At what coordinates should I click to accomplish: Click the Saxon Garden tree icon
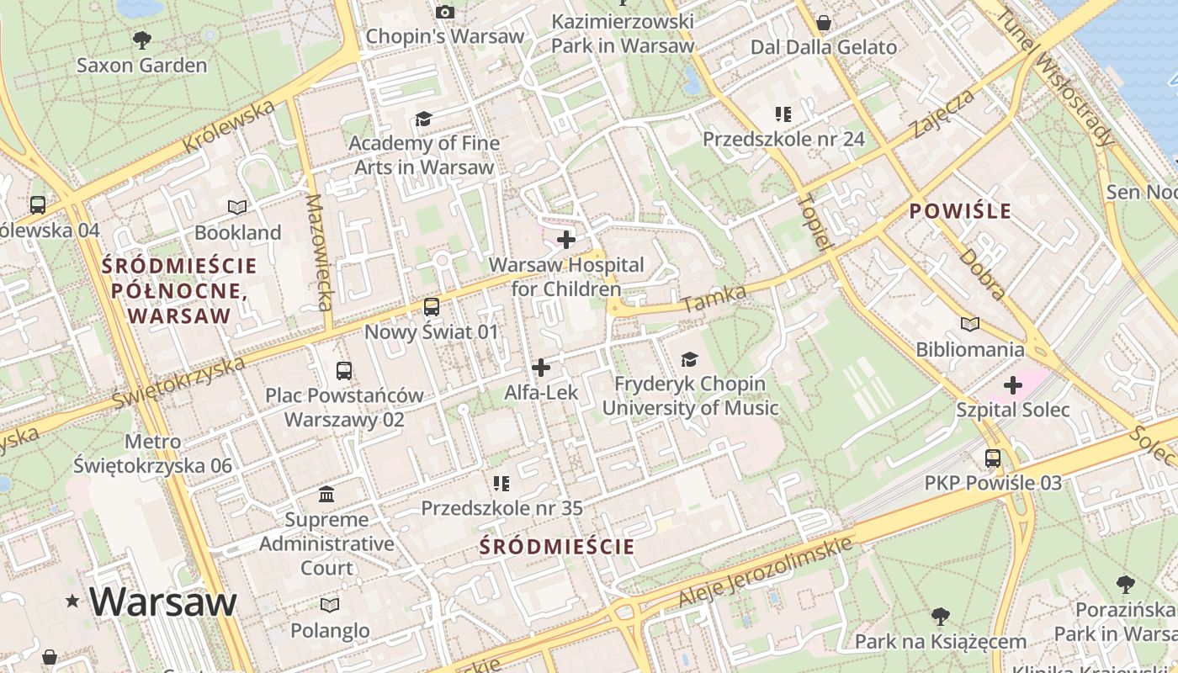[142, 40]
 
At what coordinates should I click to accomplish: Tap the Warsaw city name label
[163, 601]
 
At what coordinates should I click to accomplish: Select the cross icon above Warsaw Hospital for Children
[566, 240]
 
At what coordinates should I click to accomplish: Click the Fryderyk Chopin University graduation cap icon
[689, 360]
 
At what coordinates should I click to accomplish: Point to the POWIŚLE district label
[960, 211]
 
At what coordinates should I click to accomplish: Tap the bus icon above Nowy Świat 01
[432, 307]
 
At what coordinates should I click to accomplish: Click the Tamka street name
[714, 299]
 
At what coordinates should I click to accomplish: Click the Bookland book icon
[238, 207]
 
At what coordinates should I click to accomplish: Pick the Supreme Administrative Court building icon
[326, 494]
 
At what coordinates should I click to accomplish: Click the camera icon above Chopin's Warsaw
[444, 12]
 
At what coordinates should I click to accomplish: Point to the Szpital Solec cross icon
[1012, 385]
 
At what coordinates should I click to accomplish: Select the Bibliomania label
[970, 349]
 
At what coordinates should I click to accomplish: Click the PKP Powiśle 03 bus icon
[993, 458]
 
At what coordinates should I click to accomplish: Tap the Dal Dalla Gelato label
[824, 47]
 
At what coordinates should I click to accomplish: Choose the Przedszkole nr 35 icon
[501, 484]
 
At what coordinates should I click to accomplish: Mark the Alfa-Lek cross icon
[541, 368]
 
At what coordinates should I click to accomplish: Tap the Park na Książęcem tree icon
[941, 617]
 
